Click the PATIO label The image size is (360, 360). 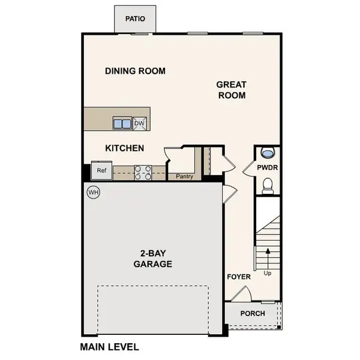136,19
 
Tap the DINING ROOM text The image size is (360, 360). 135,71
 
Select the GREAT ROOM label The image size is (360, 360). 231,90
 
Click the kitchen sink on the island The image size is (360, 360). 122,124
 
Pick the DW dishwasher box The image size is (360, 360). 139,124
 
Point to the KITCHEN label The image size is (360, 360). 124,148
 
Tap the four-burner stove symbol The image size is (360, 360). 143,173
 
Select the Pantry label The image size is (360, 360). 184,177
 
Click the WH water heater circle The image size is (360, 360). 93,193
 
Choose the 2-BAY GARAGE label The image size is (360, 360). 152,259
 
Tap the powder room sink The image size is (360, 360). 268,152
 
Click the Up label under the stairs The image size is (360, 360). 268,274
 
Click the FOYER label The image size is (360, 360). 238,277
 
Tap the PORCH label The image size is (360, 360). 253,314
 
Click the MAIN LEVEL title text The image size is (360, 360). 109,347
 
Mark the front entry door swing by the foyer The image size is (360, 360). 241,294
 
